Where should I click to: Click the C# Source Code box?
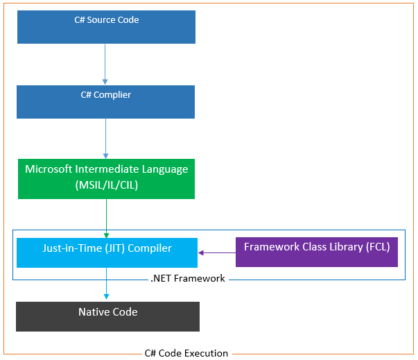point(106,27)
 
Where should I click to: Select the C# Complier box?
point(106,102)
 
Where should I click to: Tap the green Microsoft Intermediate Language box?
point(106,178)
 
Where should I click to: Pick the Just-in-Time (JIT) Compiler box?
point(106,252)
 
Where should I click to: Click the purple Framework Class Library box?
point(317,252)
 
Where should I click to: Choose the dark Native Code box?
point(107,316)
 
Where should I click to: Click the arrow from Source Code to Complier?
point(105,64)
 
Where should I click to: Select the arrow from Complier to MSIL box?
point(106,138)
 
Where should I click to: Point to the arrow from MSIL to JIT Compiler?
point(106,218)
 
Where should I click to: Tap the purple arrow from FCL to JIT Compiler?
point(217,253)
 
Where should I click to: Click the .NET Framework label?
point(187,279)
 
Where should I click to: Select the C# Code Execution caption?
point(186,353)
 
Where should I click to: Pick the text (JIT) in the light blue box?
point(98,248)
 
